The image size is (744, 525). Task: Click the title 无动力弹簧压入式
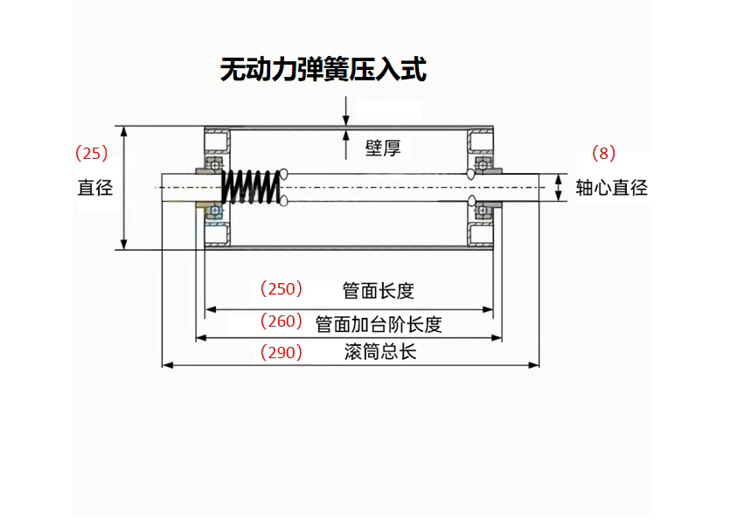click(323, 69)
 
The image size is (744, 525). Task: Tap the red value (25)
click(92, 154)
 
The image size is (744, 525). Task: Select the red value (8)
click(604, 154)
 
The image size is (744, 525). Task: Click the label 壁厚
click(382, 148)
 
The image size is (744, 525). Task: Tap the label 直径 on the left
click(95, 187)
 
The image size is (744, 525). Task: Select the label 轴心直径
click(612, 187)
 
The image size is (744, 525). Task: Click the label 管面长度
click(378, 290)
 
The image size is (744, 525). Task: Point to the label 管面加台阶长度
click(379, 324)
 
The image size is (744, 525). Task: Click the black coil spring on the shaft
click(252, 187)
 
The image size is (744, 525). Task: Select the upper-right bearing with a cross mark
click(482, 164)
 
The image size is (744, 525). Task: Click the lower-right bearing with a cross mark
click(482, 211)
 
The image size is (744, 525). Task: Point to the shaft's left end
click(164, 187)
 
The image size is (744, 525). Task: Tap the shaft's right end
click(535, 187)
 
